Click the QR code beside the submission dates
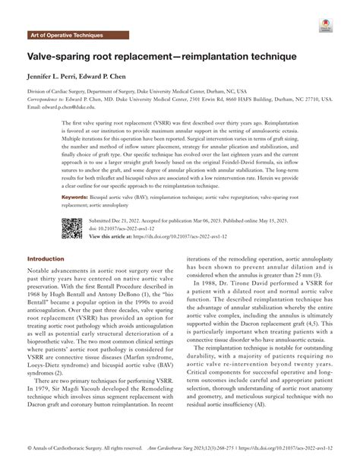[x=71, y=228]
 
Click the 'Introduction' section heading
[x=46, y=258]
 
